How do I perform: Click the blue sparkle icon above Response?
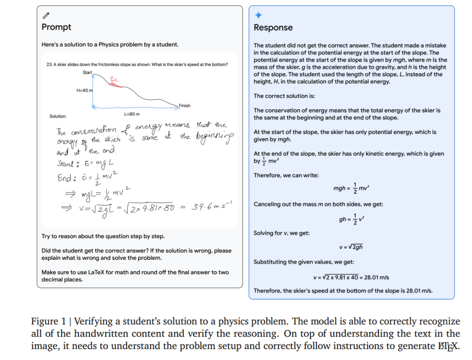tap(258, 15)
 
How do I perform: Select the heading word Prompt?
tap(56, 27)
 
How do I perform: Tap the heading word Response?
tap(273, 28)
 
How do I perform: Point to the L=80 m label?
tap(132, 114)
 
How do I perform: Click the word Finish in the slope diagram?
tap(184, 105)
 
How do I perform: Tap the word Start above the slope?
tap(87, 73)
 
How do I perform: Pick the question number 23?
tap(49, 64)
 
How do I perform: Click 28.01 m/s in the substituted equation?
tap(377, 277)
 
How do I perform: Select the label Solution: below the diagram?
tap(58, 117)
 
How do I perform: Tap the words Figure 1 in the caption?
tap(46, 321)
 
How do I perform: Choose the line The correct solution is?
tap(284, 96)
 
